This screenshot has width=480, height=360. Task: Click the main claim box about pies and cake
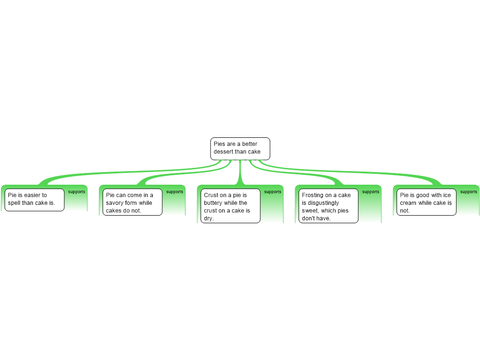[x=240, y=149]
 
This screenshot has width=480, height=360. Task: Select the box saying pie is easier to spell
[x=34, y=200]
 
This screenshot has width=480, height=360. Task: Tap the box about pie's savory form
[x=132, y=202]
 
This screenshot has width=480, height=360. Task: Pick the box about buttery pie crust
[x=230, y=205]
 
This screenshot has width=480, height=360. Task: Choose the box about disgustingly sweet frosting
[x=328, y=206]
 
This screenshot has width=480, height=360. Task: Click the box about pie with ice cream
[x=426, y=202]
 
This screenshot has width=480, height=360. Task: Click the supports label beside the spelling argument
[x=76, y=192]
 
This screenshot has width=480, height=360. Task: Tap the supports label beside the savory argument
[x=174, y=192]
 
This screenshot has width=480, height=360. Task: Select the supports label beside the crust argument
[x=272, y=192]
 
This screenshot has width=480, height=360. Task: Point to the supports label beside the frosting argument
[x=370, y=192]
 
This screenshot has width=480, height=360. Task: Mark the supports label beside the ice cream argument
[x=468, y=192]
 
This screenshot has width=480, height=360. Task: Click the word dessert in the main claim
[x=224, y=152]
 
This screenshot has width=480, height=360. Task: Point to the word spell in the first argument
[x=14, y=203]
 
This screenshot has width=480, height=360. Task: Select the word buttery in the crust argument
[x=213, y=203]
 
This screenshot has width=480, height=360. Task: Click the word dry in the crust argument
[x=208, y=218]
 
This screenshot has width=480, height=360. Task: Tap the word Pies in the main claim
[x=219, y=144]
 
